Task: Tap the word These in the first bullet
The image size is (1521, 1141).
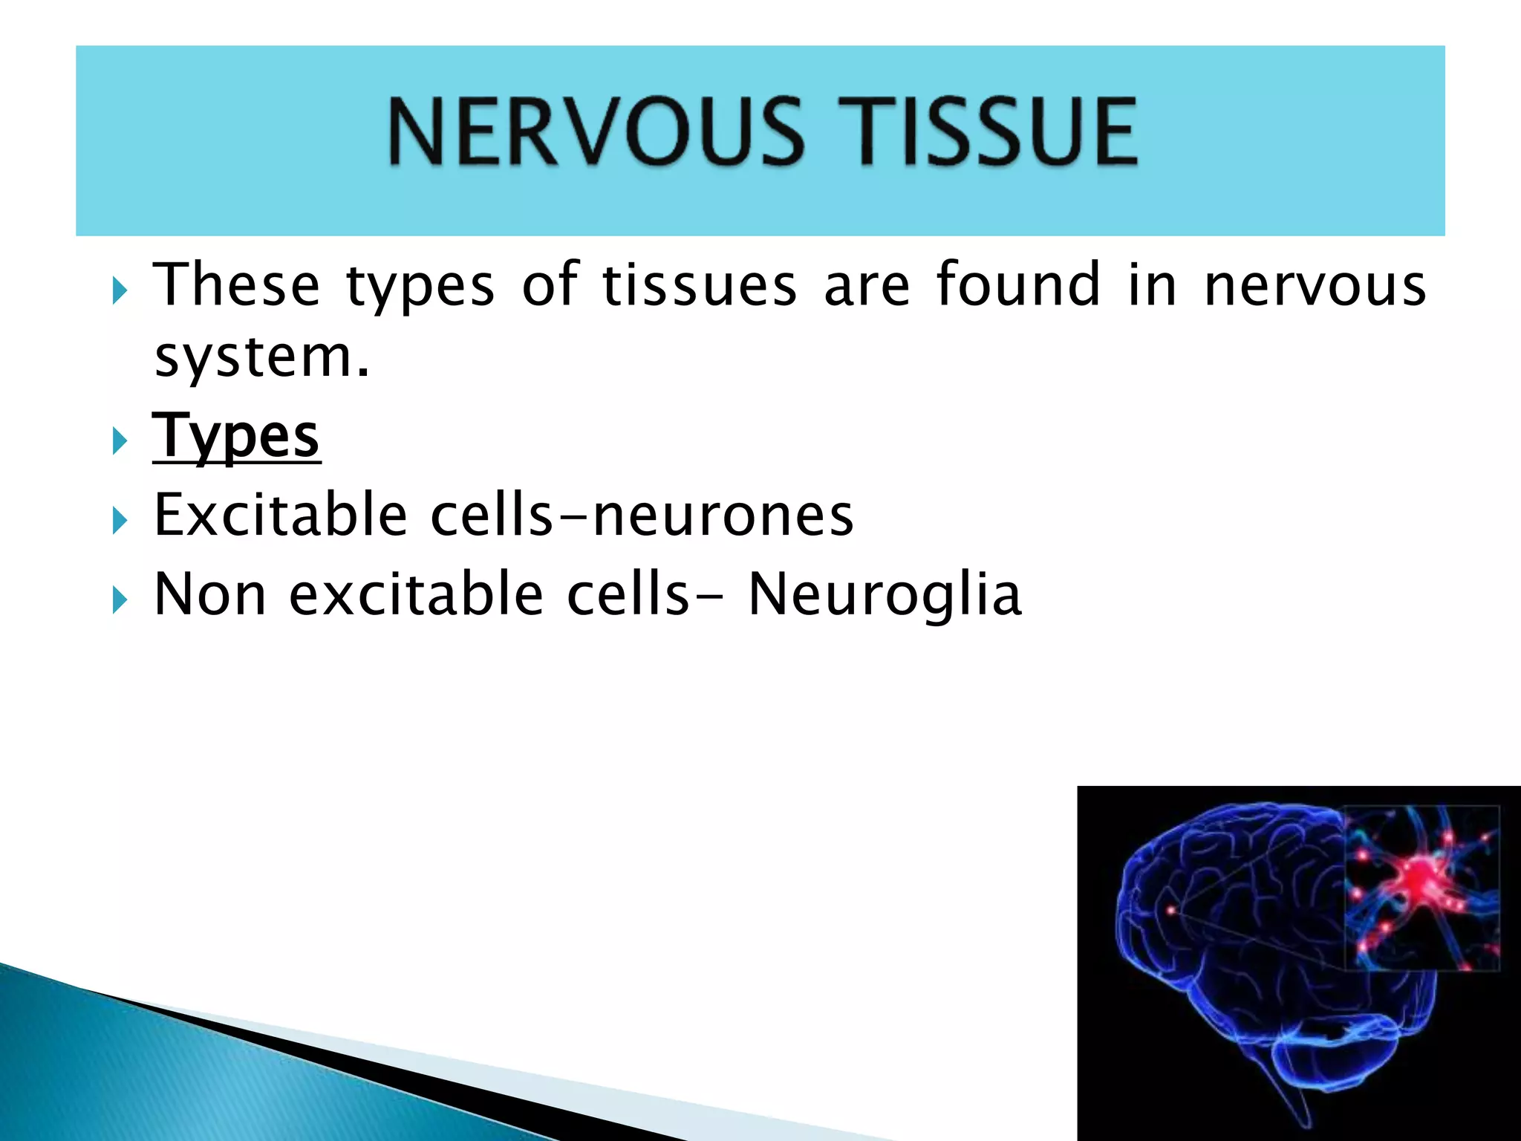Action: pyautogui.click(x=236, y=285)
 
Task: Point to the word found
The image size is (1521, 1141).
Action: pyautogui.click(x=1018, y=285)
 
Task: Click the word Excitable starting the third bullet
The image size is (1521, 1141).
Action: pyautogui.click(x=281, y=515)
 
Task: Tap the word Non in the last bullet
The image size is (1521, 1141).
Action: pyautogui.click(x=209, y=594)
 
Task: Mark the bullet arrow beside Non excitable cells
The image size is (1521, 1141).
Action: pyautogui.click(x=120, y=599)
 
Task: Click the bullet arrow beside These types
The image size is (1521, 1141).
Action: pyautogui.click(x=120, y=290)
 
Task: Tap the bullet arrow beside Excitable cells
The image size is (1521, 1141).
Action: pyautogui.click(x=120, y=520)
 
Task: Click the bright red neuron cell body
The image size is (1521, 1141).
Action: pyautogui.click(x=1419, y=877)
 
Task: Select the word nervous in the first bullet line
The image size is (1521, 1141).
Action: pyautogui.click(x=1315, y=285)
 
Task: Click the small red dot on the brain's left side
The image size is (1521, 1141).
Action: pyautogui.click(x=1172, y=909)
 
